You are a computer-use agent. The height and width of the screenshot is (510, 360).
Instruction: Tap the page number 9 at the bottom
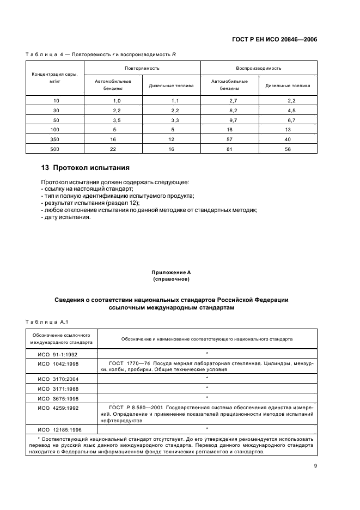(x=315, y=465)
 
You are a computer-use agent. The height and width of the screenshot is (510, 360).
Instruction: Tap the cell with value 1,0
(x=116, y=101)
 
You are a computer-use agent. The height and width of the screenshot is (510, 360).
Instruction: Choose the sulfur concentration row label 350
(x=54, y=139)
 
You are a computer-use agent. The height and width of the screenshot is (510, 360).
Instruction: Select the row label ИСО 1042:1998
(x=58, y=363)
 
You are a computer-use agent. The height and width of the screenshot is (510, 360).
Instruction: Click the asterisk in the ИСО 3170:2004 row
(x=207, y=377)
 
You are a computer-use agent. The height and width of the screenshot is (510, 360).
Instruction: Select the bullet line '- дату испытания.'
(x=66, y=217)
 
